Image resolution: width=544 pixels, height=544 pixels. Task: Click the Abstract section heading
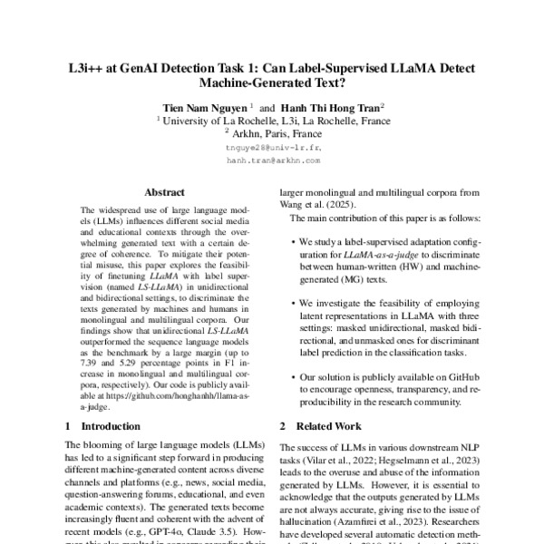pos(164,192)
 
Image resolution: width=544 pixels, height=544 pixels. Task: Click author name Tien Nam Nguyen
pos(199,105)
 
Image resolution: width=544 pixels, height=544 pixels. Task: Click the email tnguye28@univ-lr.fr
pos(272,145)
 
